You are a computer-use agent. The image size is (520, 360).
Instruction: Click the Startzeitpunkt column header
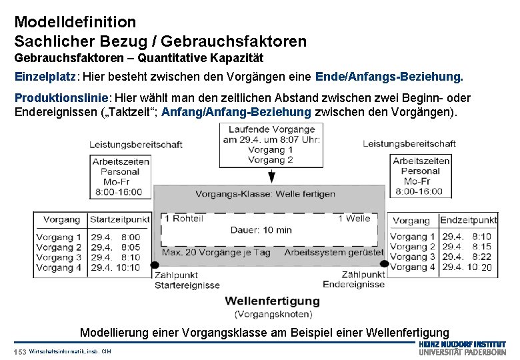point(119,219)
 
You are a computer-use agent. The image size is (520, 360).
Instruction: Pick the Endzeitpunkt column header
point(468,220)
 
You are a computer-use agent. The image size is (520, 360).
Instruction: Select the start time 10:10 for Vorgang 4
point(129,267)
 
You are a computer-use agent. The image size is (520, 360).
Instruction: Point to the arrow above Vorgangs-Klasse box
point(271,176)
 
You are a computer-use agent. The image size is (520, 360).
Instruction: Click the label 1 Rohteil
point(184,218)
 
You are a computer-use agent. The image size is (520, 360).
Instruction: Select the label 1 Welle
point(353,218)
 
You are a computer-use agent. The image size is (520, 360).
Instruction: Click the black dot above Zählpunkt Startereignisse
point(155,264)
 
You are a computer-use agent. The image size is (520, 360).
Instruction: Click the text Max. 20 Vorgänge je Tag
point(217,253)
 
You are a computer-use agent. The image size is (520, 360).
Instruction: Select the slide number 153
point(19,351)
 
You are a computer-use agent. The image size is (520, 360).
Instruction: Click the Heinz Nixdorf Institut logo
point(462,347)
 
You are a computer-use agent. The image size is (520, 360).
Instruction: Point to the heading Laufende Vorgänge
point(271,129)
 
